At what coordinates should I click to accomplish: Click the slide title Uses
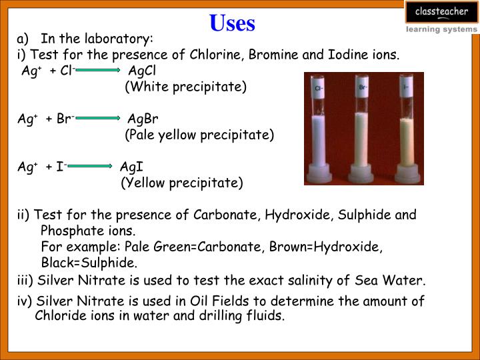click(x=232, y=23)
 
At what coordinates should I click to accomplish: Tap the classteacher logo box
click(x=441, y=12)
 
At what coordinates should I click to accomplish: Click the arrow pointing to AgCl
click(x=99, y=69)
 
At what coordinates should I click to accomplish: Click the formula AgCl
click(x=143, y=71)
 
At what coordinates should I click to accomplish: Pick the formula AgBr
click(x=143, y=119)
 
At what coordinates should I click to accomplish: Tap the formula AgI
click(x=132, y=167)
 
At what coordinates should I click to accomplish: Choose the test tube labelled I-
click(x=406, y=133)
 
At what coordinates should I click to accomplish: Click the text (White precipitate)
click(x=186, y=87)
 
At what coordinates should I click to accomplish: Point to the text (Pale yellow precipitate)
click(x=199, y=135)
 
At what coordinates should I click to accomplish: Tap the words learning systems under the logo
click(x=441, y=29)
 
